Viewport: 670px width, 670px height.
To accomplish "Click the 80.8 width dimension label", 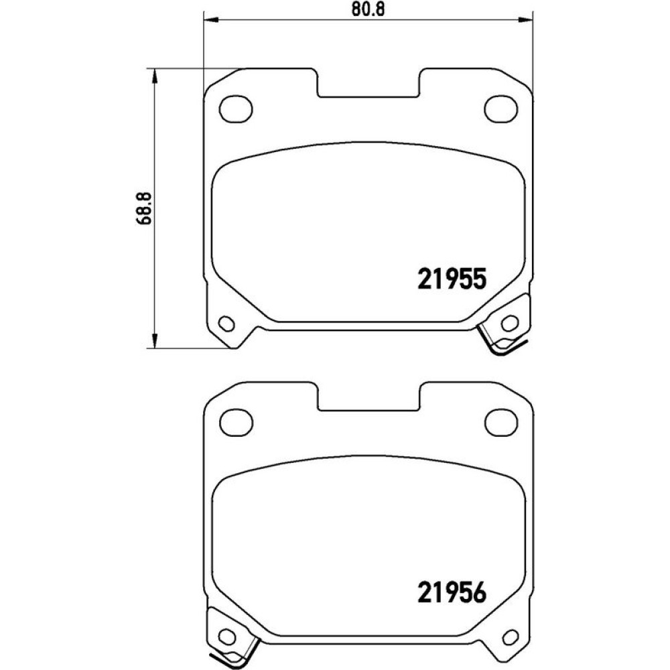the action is pyautogui.click(x=368, y=9).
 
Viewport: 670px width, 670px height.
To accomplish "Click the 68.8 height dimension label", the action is pyautogui.click(x=145, y=208).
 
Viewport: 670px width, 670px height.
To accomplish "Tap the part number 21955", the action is pyautogui.click(x=452, y=279).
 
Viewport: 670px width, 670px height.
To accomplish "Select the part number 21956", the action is pyautogui.click(x=452, y=593).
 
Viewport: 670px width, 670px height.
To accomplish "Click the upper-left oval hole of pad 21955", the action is pyautogui.click(x=236, y=109).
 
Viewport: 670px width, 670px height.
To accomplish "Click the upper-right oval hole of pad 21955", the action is pyautogui.click(x=500, y=109).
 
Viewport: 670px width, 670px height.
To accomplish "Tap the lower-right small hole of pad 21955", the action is pyautogui.click(x=509, y=324).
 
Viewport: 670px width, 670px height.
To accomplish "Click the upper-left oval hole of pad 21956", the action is pyautogui.click(x=236, y=422).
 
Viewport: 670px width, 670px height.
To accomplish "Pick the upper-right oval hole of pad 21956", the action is pyautogui.click(x=502, y=422).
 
